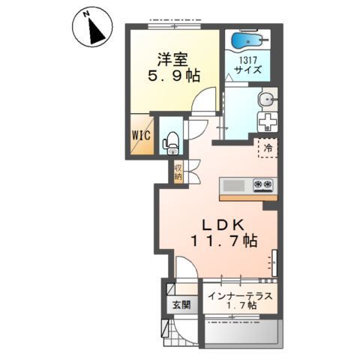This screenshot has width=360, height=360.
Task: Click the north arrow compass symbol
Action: (92, 27)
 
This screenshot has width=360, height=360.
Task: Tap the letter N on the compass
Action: (86, 14)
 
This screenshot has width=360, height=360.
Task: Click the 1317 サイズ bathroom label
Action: (248, 65)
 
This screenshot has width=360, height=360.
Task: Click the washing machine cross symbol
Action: (268, 121)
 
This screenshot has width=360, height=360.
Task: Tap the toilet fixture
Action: (171, 143)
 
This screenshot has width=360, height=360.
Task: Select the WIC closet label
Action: (141, 136)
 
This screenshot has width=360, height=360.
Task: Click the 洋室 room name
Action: (172, 59)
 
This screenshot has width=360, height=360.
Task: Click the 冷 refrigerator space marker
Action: (268, 148)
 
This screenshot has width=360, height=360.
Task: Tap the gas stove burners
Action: (263, 185)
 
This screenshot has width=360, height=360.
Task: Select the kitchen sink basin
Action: (234, 185)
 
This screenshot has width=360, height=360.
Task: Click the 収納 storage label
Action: (178, 172)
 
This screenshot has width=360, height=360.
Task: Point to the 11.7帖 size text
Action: (224, 241)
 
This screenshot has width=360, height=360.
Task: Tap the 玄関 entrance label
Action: (181, 304)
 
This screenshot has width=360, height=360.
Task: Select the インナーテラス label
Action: (240, 296)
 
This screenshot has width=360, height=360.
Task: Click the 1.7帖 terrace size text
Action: (241, 305)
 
